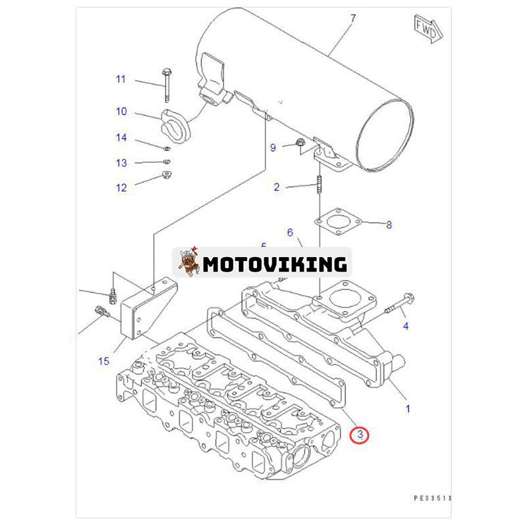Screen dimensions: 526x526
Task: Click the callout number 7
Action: point(353,18)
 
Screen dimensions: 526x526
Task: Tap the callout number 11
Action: point(120,80)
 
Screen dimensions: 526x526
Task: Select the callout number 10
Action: point(122,112)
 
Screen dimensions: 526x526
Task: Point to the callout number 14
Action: point(122,138)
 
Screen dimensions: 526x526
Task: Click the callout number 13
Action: point(122,163)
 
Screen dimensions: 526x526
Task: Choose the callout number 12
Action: point(122,188)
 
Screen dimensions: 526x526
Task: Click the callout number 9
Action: point(273,148)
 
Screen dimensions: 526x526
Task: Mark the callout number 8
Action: point(389,226)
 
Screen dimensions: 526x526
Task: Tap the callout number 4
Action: point(406,326)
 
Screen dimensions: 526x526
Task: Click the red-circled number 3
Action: point(360,435)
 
